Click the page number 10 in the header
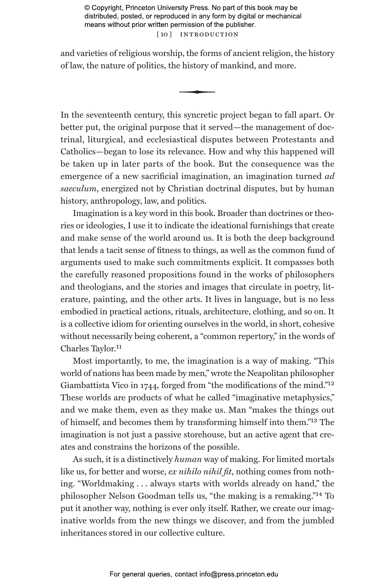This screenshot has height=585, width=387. coord(164,34)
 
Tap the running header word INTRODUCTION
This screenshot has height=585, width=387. coord(209,34)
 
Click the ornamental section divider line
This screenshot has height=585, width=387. coord(197,92)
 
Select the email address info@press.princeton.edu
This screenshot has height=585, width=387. coord(239,574)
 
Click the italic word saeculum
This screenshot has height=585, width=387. coord(78,189)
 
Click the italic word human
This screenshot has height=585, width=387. coord(188,459)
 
